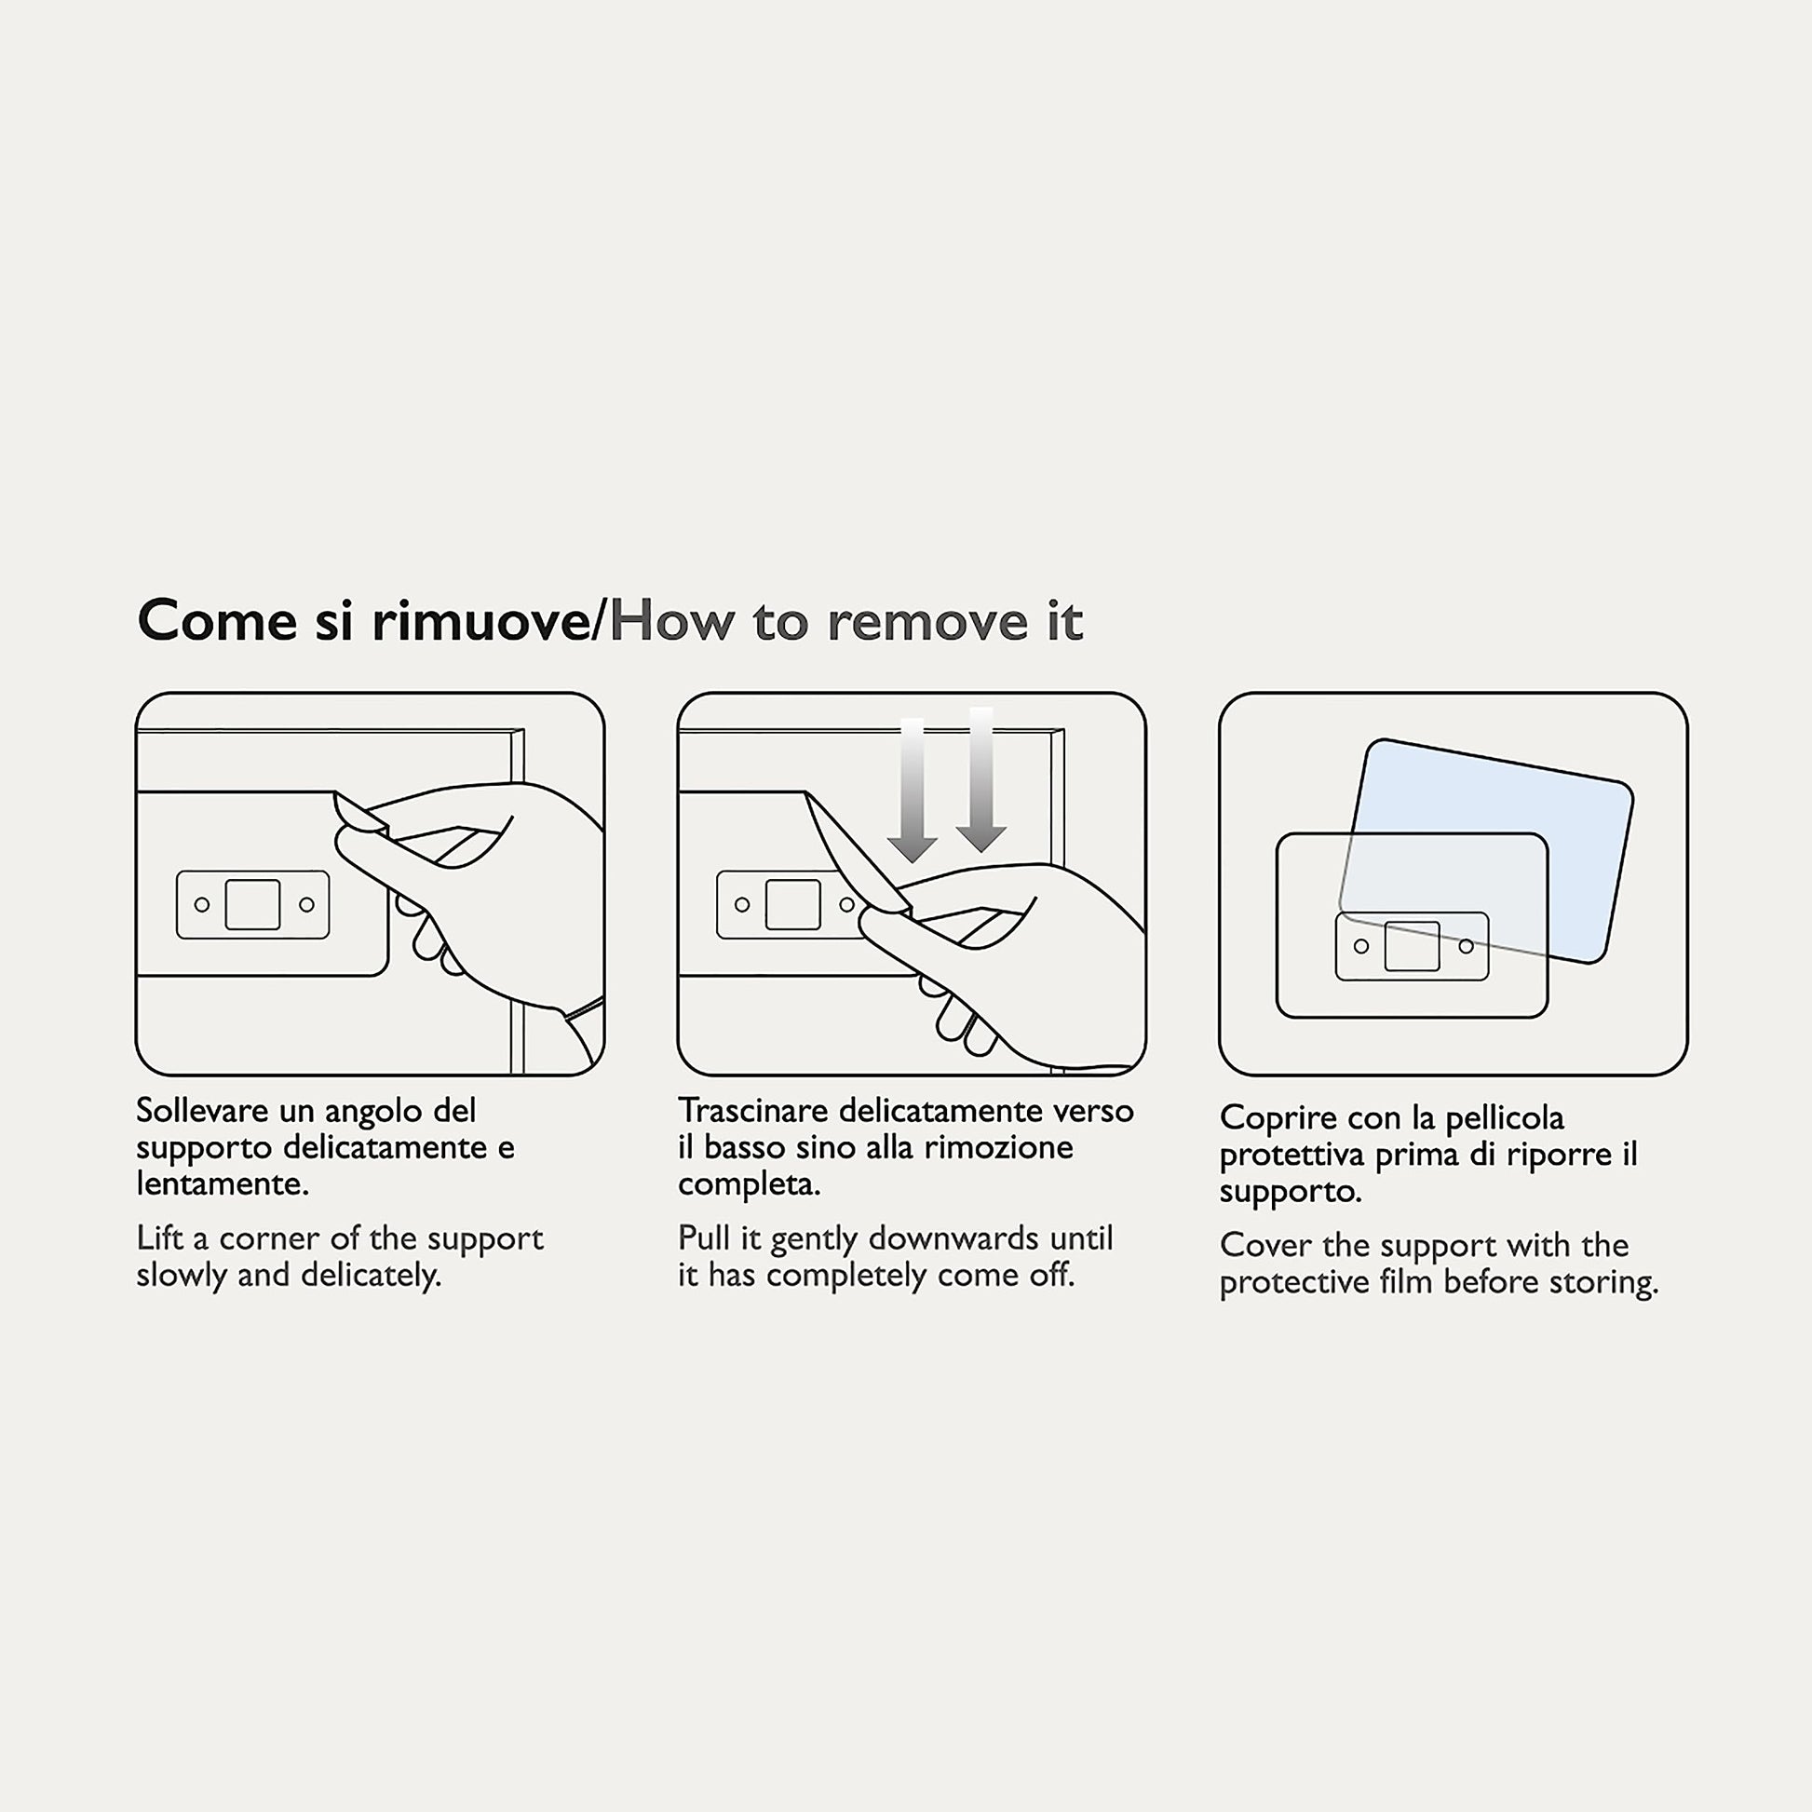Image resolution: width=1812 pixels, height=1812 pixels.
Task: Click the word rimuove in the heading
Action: [x=481, y=621]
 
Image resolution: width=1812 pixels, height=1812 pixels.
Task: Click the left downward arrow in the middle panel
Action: [x=912, y=790]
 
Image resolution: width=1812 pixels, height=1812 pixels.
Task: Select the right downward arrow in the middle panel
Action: [x=981, y=779]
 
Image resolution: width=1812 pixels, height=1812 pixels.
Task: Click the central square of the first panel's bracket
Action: [x=253, y=904]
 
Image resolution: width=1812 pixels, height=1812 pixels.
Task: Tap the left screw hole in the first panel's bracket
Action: [x=202, y=905]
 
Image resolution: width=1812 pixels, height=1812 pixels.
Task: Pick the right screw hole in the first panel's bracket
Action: [x=305, y=905]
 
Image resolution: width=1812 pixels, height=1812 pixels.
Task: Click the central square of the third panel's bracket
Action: [x=1412, y=946]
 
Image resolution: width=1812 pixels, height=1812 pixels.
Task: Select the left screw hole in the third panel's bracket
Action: [x=1361, y=946]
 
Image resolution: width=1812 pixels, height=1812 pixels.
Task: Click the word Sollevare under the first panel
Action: [x=203, y=1112]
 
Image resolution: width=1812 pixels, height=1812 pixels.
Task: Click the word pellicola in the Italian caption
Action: [x=1505, y=1119]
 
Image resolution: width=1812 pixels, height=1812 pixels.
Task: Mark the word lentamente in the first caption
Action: [x=223, y=1184]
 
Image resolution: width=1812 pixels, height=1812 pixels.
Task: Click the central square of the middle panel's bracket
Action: [x=793, y=904]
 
